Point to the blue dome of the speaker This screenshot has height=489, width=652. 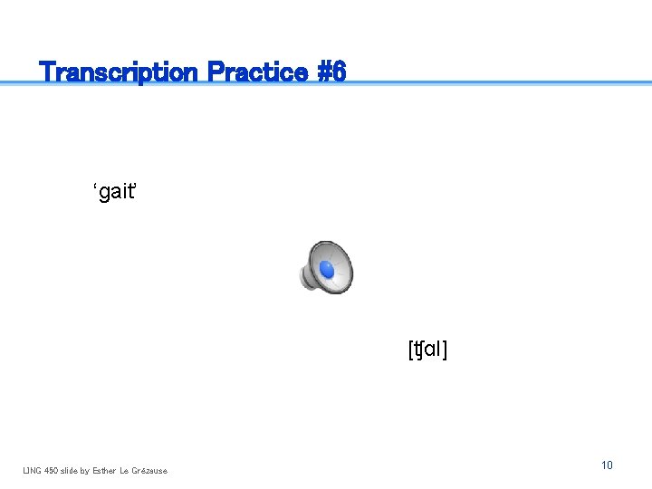pyautogui.click(x=327, y=269)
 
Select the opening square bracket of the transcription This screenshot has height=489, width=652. pyautogui.click(x=411, y=349)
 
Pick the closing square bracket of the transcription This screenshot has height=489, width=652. pyautogui.click(x=445, y=349)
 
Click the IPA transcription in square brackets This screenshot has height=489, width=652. pyautogui.click(x=428, y=349)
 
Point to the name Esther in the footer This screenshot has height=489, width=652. pyautogui.click(x=110, y=470)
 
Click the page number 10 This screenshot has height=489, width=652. pyautogui.click(x=607, y=465)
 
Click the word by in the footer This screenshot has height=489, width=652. pyautogui.click(x=90, y=470)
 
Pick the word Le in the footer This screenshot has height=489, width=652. pyautogui.click(x=129, y=470)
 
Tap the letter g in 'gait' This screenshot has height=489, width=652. pyautogui.click(x=102, y=195)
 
